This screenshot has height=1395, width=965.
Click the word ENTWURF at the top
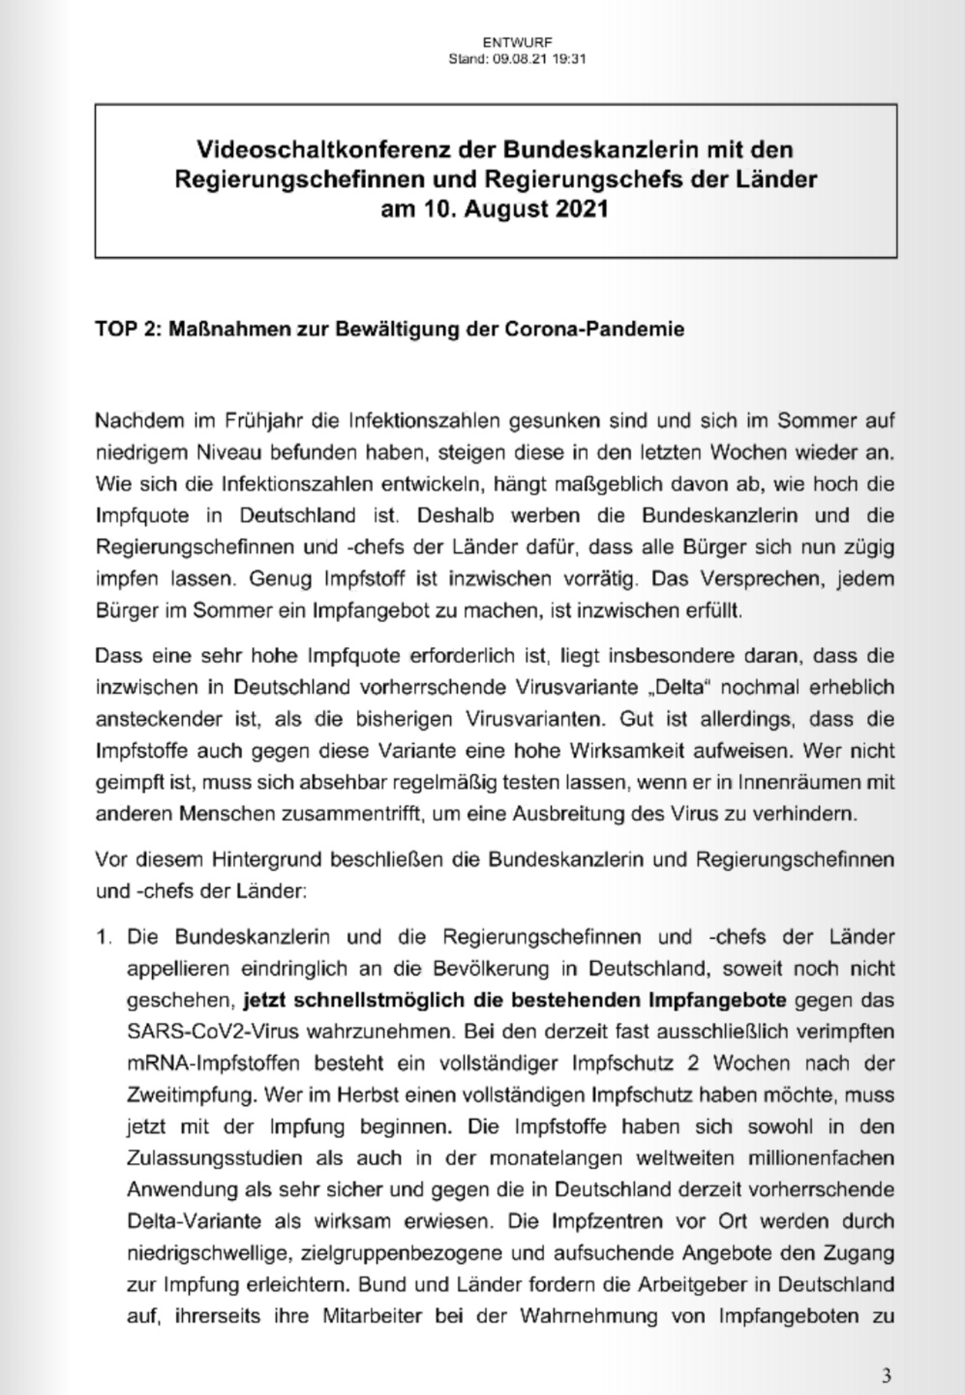(x=517, y=44)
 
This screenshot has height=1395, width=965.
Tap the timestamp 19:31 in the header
(x=570, y=59)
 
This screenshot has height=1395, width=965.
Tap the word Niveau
(x=227, y=452)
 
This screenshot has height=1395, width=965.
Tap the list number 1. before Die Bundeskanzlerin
(x=105, y=936)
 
